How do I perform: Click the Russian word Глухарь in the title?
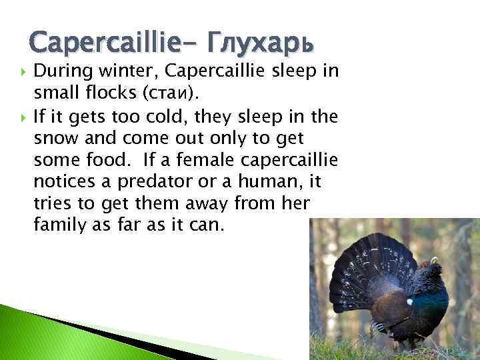(261, 44)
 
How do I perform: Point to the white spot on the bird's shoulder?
(409, 301)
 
